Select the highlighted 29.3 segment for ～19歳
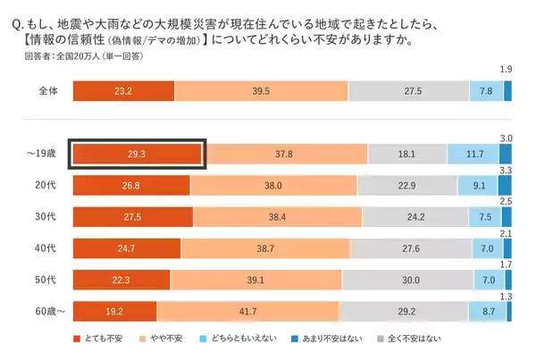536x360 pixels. tap(138, 153)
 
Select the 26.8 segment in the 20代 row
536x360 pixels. tap(130, 185)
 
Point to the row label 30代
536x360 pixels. tap(47, 215)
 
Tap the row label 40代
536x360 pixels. tap(47, 247)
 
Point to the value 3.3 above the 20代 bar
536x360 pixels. tap(505, 169)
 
